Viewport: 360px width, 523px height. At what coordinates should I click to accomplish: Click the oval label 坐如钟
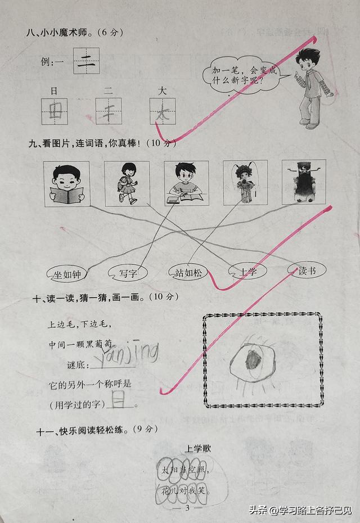coord(67,274)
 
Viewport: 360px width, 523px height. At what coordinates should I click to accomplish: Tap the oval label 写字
coord(128,274)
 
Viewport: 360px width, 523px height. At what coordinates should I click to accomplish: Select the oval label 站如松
coord(188,273)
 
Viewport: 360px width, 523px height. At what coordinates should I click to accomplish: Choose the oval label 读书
coord(307,271)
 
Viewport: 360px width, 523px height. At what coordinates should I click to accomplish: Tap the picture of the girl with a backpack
coord(127,183)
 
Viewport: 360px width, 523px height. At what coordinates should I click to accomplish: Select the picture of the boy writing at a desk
coord(186,183)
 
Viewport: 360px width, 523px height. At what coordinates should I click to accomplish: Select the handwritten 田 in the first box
coord(56,111)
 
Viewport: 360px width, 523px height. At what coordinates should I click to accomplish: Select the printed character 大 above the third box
coord(163,90)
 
